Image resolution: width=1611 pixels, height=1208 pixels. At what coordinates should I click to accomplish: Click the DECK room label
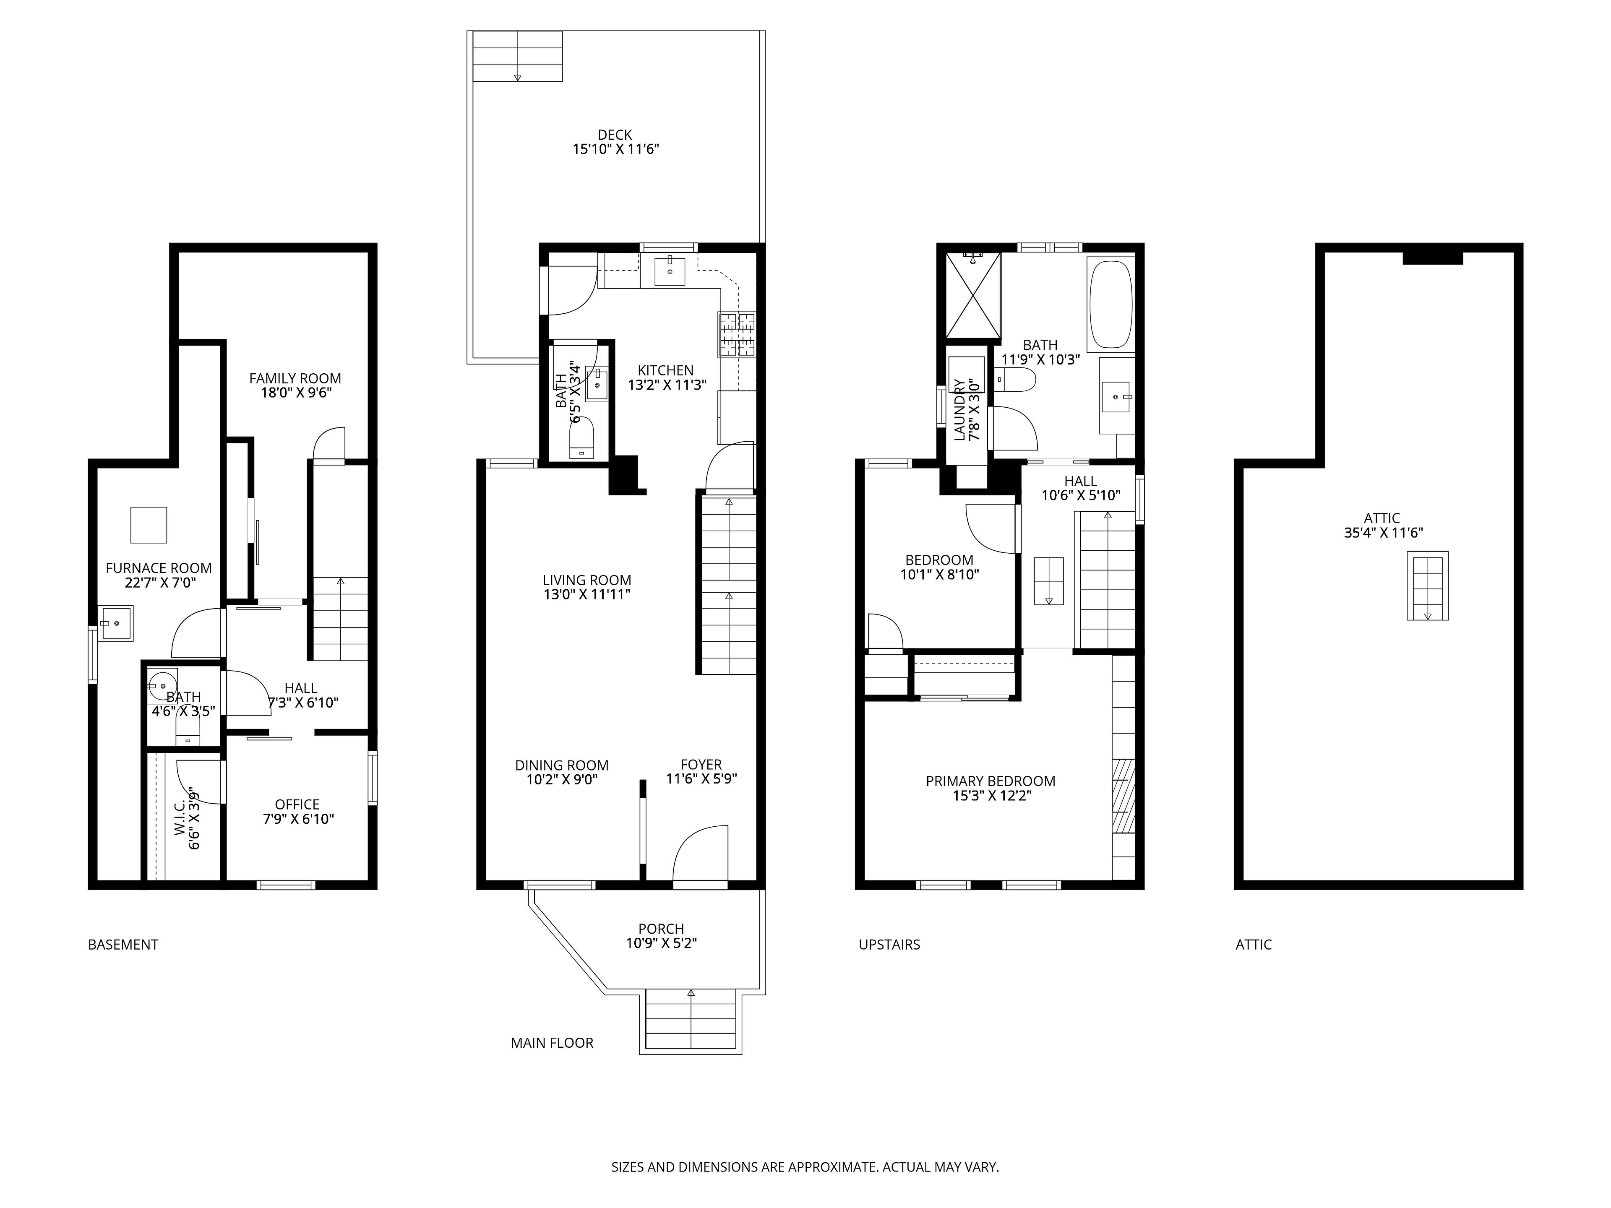click(615, 135)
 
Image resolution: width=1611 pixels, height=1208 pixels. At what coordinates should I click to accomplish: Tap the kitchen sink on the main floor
click(669, 271)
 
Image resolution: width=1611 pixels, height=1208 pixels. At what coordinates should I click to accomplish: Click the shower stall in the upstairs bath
click(973, 296)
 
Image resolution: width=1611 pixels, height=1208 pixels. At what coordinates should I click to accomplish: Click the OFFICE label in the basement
click(297, 804)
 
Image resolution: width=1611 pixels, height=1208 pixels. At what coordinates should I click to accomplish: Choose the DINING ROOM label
click(561, 765)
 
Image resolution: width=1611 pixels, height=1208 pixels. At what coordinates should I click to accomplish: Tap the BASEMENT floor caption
click(123, 945)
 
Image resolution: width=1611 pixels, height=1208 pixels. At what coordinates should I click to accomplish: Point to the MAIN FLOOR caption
click(552, 1043)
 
